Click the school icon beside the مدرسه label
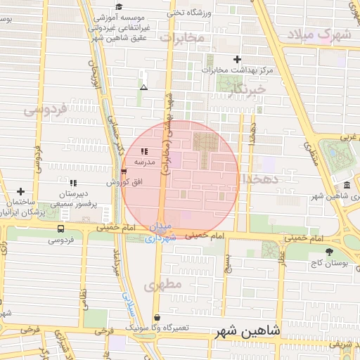144,151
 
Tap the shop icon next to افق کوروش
124,171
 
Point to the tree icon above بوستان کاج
329,251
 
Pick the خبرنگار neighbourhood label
249,89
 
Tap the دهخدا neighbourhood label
262,179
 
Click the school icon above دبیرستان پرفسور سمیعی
73,183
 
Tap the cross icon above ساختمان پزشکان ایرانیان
21,191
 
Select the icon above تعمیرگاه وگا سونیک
156,317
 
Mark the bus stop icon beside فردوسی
60,229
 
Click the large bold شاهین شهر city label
250,330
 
